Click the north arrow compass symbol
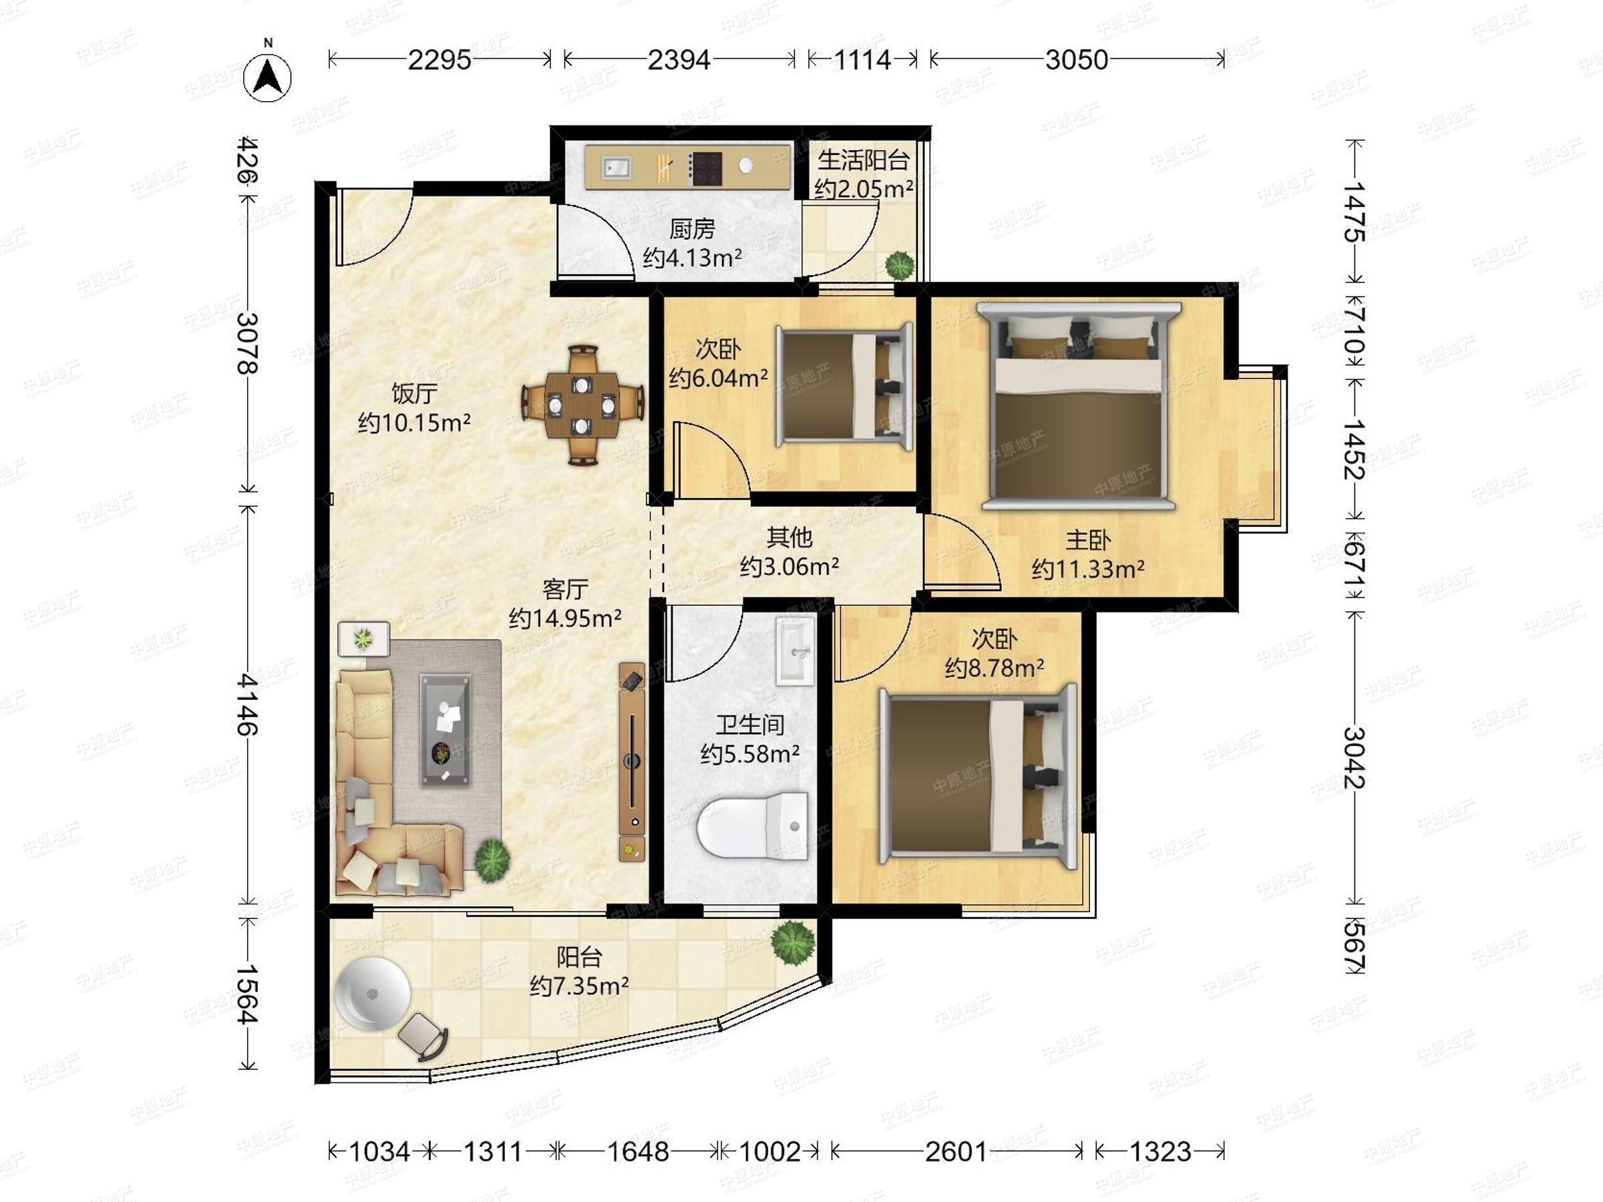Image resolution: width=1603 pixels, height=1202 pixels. [x=268, y=76]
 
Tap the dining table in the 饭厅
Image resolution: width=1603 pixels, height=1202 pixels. [x=582, y=405]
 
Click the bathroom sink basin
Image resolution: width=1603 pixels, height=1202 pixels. [x=795, y=650]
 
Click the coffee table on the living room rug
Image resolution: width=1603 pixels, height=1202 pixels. [x=446, y=731]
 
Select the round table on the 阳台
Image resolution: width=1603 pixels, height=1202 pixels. [x=373, y=994]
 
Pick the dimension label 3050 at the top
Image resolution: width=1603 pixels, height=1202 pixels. [x=1076, y=59]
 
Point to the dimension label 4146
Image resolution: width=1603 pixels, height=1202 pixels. [x=247, y=705]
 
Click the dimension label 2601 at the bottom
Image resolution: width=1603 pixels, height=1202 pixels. [x=956, y=1151]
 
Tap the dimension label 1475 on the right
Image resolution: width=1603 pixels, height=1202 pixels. [x=1354, y=212]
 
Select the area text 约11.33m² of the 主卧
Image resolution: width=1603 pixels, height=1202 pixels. [x=1088, y=569]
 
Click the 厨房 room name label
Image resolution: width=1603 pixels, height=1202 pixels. [x=692, y=229]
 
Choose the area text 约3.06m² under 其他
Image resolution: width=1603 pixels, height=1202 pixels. [x=789, y=566]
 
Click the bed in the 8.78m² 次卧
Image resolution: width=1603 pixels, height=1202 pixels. [x=977, y=776]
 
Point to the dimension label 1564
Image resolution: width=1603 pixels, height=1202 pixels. [x=247, y=994]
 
